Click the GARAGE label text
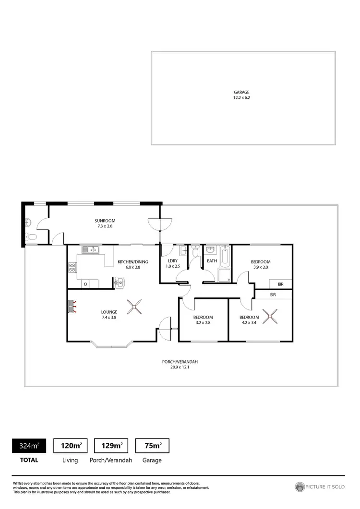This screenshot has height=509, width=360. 241,92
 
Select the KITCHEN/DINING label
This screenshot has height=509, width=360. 129,262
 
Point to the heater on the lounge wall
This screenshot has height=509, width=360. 72,307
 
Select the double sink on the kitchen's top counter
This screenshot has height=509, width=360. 90,249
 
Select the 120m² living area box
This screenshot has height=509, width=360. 70,446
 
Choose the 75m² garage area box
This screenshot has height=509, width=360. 153,446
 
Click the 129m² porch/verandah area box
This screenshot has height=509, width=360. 111,446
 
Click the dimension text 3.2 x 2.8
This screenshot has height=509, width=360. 203,323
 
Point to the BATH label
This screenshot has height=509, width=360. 212,261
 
